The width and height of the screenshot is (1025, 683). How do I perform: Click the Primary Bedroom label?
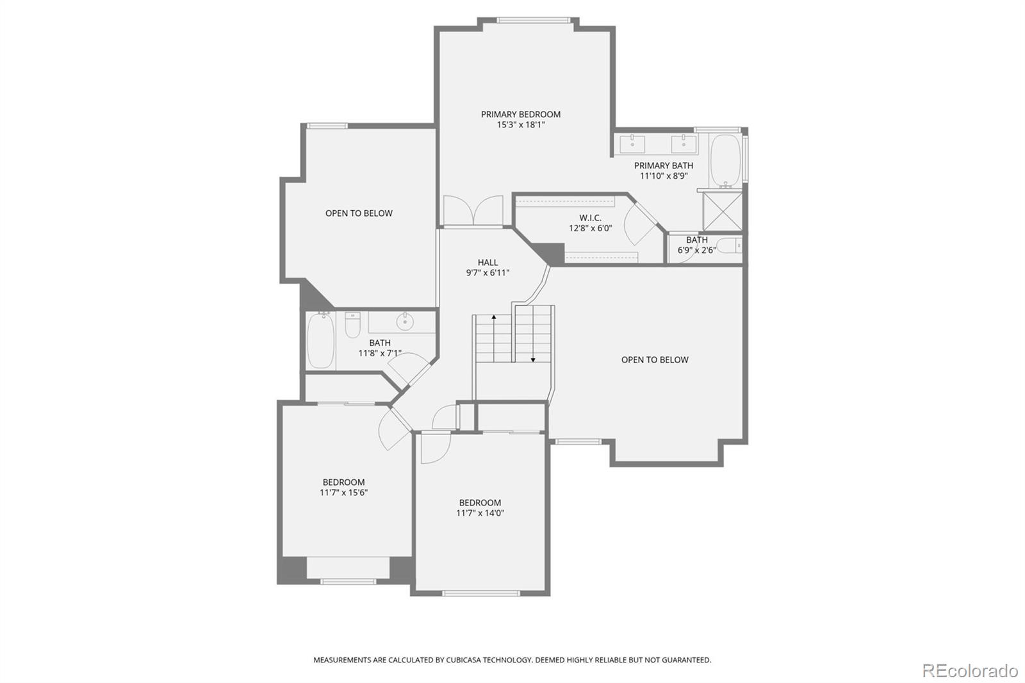521,115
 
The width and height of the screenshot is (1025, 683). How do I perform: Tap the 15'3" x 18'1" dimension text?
521,124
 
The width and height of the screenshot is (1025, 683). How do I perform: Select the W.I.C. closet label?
590,218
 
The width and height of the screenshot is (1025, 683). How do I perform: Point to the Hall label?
488,262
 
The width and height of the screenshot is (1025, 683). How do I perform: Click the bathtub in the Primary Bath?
726,161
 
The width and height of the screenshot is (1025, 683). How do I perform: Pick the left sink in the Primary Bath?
632,144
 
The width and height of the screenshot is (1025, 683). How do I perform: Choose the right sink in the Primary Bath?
684,144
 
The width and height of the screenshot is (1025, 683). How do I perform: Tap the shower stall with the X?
723,211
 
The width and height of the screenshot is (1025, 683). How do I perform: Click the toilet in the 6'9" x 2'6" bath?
730,246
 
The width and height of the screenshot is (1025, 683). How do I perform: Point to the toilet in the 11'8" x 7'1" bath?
352,325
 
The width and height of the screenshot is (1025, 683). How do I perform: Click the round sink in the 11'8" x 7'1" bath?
405,322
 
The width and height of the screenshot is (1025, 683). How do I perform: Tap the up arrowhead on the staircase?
494,317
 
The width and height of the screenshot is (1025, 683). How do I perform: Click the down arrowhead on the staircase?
533,360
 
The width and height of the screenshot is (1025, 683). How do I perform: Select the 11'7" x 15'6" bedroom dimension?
343,493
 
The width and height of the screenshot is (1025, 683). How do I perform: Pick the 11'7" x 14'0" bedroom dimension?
480,513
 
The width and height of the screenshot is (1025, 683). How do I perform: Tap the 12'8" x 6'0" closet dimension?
590,228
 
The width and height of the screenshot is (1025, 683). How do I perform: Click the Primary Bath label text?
664,166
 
